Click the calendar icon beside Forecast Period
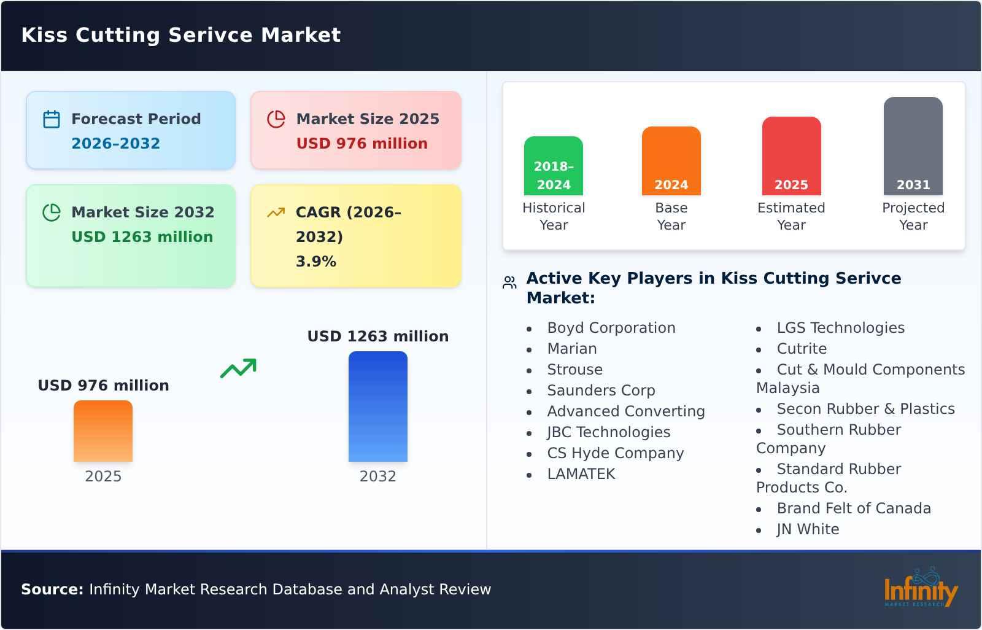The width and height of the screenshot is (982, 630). pyautogui.click(x=52, y=119)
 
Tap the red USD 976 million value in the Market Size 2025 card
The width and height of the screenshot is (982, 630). pyautogui.click(x=361, y=143)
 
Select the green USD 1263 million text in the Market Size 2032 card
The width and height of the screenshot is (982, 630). pyautogui.click(x=142, y=236)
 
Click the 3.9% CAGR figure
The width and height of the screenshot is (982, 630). pyautogui.click(x=315, y=261)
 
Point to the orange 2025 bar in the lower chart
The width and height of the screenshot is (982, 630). pyautogui.click(x=103, y=431)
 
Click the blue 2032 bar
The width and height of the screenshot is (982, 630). pyautogui.click(x=377, y=406)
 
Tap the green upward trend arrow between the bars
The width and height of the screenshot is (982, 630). pyautogui.click(x=238, y=368)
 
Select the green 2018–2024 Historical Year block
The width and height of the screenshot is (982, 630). pyautogui.click(x=553, y=166)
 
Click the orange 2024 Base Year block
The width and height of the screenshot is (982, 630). pyautogui.click(x=671, y=161)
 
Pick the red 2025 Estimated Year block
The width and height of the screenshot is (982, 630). pyautogui.click(x=791, y=156)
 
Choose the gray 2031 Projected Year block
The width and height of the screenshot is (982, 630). pyautogui.click(x=913, y=146)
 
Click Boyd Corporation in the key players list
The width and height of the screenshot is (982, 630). pyautogui.click(x=611, y=328)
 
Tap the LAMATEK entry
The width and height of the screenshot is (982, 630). pyautogui.click(x=581, y=474)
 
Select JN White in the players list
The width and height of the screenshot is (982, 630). pyautogui.click(x=807, y=529)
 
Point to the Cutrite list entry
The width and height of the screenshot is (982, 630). pyautogui.click(x=801, y=349)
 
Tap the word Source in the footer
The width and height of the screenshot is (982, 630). pyautogui.click(x=52, y=589)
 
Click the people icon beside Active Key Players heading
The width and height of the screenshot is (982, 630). pyautogui.click(x=509, y=282)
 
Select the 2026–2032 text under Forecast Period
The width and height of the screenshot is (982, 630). pyautogui.click(x=115, y=143)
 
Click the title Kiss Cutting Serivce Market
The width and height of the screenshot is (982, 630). pyautogui.click(x=180, y=35)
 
